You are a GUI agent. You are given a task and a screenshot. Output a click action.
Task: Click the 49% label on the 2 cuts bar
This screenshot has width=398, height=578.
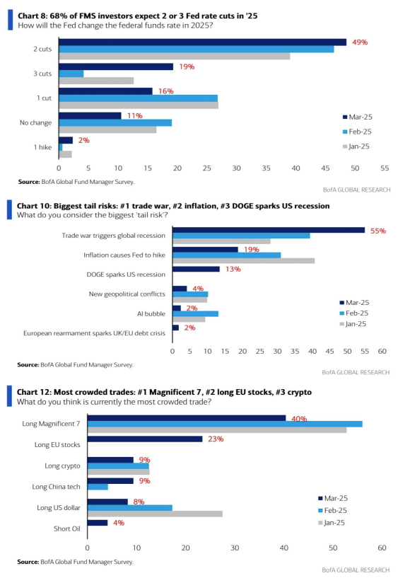coord(360,42)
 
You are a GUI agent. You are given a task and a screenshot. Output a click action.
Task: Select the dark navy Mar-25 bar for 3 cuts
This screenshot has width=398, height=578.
coord(116,67)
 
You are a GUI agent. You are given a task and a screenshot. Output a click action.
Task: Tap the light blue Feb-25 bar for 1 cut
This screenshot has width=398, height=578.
coord(138,98)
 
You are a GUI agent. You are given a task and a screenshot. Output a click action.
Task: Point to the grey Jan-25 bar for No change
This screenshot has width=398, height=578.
coord(107,129)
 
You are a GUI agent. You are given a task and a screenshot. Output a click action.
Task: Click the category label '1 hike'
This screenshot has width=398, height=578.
coord(42,147)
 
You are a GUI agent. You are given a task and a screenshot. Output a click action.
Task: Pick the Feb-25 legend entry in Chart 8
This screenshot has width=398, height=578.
coord(357,132)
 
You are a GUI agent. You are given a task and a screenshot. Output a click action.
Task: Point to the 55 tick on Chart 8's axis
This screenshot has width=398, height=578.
coord(385,168)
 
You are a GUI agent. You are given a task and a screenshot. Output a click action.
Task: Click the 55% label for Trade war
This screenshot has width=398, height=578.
coord(378,231)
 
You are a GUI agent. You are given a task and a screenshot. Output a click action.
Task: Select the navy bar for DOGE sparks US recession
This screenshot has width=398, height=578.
coord(196,269)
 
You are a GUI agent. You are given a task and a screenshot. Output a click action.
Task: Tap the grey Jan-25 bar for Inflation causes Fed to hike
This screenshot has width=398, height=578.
coord(243,261)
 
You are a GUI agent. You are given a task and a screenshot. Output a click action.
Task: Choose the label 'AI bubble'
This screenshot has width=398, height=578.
coord(151,313)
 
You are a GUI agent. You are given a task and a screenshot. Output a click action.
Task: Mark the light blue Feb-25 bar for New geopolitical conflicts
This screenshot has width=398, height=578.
coord(190,294)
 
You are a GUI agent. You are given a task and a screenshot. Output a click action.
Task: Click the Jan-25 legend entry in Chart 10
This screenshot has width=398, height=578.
coord(353,324)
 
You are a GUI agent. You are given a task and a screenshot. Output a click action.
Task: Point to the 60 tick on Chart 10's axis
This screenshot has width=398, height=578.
coord(382,352)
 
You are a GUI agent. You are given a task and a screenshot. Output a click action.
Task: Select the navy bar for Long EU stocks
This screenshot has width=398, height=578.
coord(145,439)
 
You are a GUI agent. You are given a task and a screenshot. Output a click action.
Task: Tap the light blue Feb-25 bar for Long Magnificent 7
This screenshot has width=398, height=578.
coord(225,424)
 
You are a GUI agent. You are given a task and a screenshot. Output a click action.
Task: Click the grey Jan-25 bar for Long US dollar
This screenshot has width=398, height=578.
coord(155,514)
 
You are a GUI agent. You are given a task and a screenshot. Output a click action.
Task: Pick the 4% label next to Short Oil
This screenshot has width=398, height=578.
coord(119,523)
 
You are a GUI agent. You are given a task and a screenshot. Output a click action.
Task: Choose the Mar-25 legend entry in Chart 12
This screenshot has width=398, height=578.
coord(333,498)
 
